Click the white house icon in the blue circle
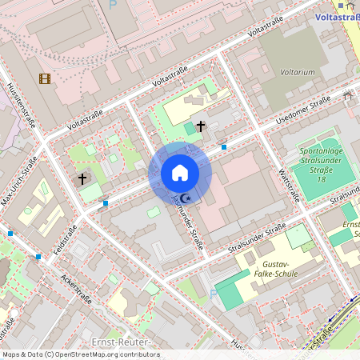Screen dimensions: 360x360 pyautogui.click(x=180, y=173)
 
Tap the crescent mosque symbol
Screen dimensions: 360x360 pyautogui.click(x=186, y=198)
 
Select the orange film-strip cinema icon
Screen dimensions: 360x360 pyautogui.click(x=44, y=78)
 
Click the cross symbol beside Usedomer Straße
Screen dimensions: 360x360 pyautogui.click(x=200, y=126)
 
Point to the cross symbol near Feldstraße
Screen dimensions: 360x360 pyautogui.click(x=82, y=178)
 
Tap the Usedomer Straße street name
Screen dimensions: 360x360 pyautogui.click(x=303, y=110)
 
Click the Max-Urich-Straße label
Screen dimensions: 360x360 pyautogui.click(x=19, y=182)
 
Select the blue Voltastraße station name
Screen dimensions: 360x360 pyautogui.click(x=337, y=16)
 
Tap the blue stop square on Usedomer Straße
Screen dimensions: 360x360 pyautogui.click(x=224, y=147)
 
